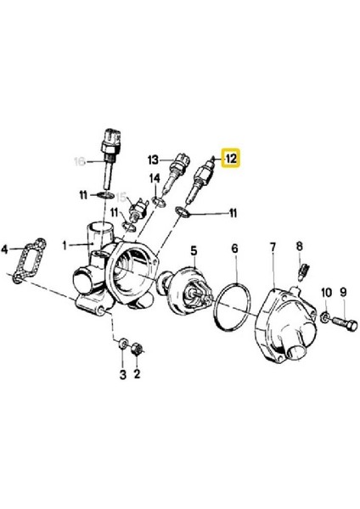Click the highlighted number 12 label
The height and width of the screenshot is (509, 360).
point(231,158)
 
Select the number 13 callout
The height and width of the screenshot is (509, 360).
point(153,159)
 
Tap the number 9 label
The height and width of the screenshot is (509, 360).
point(344,294)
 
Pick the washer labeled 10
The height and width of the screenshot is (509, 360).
point(326,318)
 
